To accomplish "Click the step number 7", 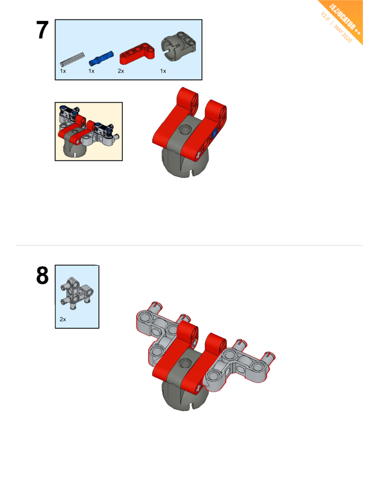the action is tap(42, 30).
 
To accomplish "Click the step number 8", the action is tap(42, 276).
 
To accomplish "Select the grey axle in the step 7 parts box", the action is tap(72, 59).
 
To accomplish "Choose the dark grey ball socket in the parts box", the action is tap(178, 46).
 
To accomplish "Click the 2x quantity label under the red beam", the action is tap(121, 71).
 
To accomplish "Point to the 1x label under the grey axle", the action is tap(63, 71).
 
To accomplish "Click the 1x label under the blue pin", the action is tap(91, 71).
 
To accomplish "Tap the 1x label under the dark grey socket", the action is tap(163, 71).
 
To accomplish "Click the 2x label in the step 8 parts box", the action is tap(63, 319).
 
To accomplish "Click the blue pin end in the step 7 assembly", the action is tap(214, 134).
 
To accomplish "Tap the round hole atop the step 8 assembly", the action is tap(185, 363).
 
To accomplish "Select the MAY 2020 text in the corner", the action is tap(343, 33).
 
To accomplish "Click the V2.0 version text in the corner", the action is tap(325, 16).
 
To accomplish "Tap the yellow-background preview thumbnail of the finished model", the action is tap(89, 131).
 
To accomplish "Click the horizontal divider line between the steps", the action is tap(189, 245).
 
